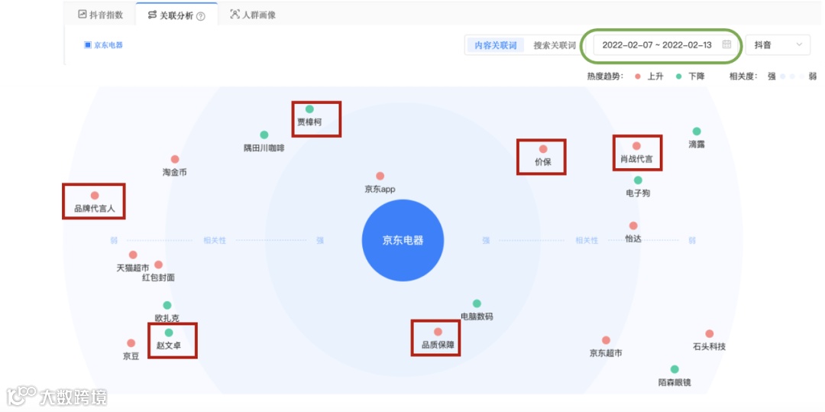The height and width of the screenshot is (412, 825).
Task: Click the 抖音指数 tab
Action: coord(101,15)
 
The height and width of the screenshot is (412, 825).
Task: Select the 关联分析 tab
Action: coord(176,15)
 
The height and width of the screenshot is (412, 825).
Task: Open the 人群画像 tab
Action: coord(253,15)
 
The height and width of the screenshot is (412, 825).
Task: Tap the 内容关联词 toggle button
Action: coord(495,45)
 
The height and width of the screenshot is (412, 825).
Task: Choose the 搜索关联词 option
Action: coord(554,45)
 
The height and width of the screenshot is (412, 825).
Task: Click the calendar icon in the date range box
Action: coord(726,44)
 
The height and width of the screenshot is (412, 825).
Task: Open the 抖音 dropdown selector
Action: coord(778,45)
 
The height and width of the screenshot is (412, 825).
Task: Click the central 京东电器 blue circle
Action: coord(403,240)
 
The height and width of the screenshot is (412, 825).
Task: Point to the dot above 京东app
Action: coord(380,176)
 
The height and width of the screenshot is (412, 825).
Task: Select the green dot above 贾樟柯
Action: coord(309,109)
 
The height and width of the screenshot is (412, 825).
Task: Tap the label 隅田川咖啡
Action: coord(264,148)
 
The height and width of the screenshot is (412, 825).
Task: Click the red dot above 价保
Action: coord(543,149)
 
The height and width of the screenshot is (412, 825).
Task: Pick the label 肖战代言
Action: coord(636,159)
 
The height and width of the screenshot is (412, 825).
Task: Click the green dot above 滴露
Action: coord(697,131)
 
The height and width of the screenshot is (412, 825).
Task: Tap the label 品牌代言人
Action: coord(94,208)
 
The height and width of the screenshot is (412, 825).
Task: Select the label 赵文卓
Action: coord(169,345)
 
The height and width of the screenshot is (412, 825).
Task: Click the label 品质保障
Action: coord(438,345)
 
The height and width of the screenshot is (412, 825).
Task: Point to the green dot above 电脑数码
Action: coord(477,303)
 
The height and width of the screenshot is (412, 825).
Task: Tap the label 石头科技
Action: coord(709,346)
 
